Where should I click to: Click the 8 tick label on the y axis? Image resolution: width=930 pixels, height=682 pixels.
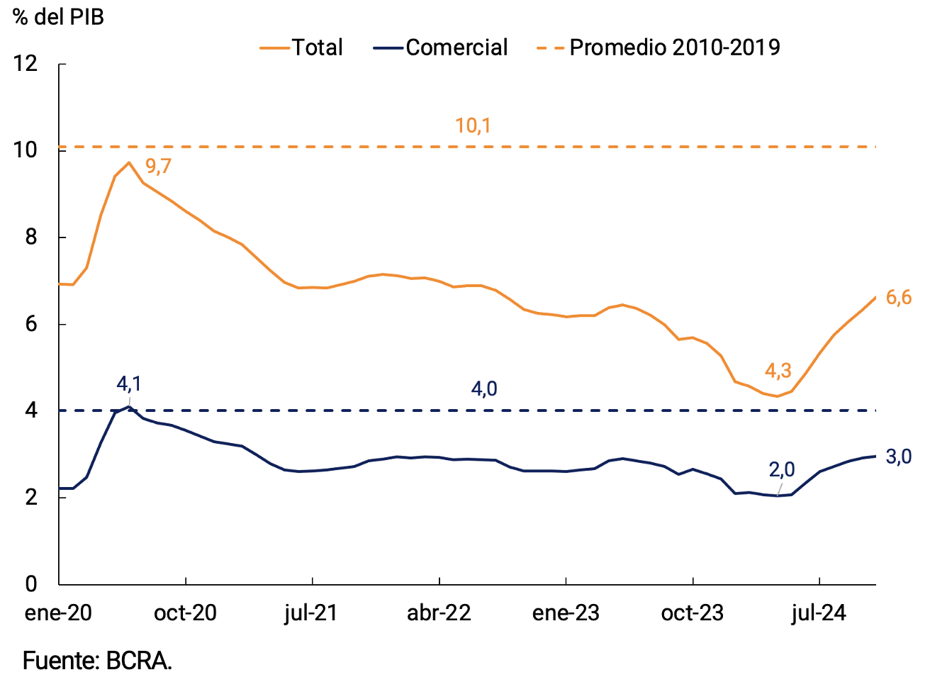pos(30,237)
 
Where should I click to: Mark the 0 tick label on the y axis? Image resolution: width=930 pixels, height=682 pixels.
pos(30,583)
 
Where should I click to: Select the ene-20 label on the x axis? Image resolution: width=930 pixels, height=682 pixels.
pos(58,613)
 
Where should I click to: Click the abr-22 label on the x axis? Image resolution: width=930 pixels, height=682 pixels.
pos(439,613)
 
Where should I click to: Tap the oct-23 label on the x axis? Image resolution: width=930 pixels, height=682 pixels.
pos(692,613)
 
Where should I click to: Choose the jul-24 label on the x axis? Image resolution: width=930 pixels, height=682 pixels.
pos(819,613)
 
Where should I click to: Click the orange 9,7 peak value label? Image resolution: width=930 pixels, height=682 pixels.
pos(158,167)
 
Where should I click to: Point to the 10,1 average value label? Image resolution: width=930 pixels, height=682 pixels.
pos(473,126)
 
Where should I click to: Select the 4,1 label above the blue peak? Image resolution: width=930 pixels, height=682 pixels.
pos(129,384)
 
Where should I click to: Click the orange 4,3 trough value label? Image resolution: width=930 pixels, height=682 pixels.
pos(778,371)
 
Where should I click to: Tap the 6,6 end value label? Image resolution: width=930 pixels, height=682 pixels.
pos(899,298)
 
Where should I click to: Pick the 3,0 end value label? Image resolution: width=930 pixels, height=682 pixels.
pos(899,457)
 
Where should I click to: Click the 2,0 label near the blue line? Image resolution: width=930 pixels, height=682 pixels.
pos(782,469)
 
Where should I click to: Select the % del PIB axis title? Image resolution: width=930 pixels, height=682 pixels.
pos(59,17)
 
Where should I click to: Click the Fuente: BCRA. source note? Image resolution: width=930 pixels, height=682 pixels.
pos(97,661)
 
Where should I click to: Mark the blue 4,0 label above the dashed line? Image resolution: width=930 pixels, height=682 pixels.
pos(484,388)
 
